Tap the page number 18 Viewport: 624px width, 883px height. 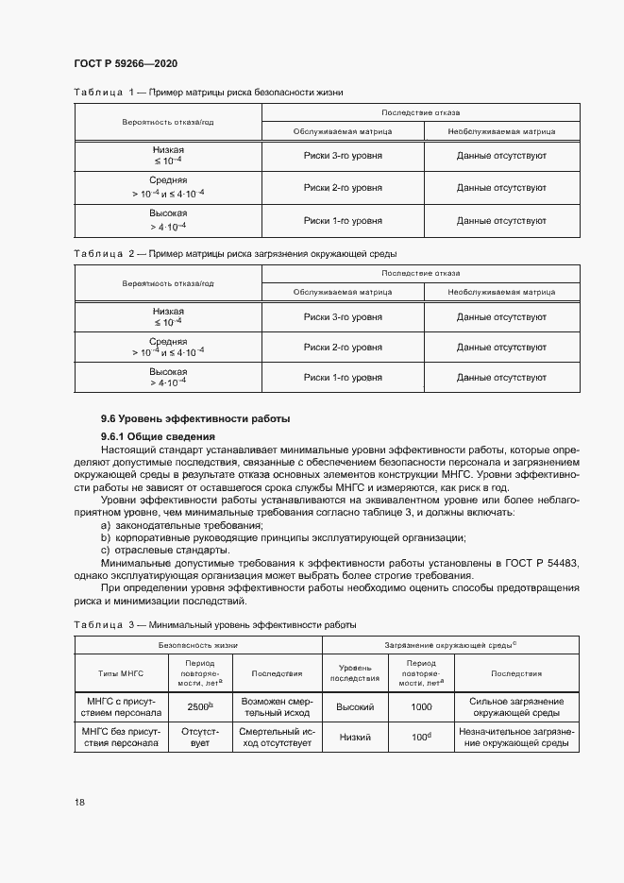(79, 802)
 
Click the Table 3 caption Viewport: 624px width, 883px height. (214, 625)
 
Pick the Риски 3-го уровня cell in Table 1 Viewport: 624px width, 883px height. (343, 155)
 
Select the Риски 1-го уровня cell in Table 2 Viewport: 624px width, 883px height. (343, 378)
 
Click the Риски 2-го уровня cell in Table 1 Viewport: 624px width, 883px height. (343, 188)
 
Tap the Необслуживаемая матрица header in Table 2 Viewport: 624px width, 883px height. (501, 292)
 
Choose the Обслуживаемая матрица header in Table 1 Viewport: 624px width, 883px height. (343, 131)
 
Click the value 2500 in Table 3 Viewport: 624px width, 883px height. (197, 706)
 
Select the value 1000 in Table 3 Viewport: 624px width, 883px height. (420, 706)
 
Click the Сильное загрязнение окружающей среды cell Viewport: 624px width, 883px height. (515, 706)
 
